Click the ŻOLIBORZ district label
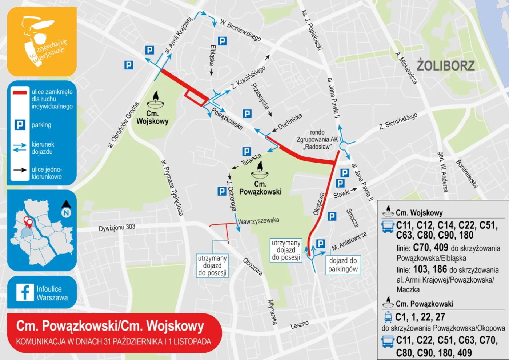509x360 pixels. [x=446, y=65]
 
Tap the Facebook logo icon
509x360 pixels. [x=25, y=292]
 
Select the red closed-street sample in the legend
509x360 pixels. [x=20, y=92]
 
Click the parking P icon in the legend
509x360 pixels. [x=20, y=125]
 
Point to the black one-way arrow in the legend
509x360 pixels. [x=20, y=170]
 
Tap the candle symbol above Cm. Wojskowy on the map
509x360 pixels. [x=156, y=100]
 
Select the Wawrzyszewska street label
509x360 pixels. [x=258, y=221]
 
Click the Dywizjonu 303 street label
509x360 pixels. [x=117, y=228]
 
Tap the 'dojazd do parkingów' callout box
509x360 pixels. [x=343, y=265]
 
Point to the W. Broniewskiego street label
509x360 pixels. [x=240, y=30]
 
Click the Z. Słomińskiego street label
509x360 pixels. [x=398, y=121]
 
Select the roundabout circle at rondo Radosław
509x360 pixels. [x=343, y=146]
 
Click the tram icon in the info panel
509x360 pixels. [x=388, y=317]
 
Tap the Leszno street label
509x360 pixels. [x=300, y=324]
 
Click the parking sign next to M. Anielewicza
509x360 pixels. [x=320, y=244]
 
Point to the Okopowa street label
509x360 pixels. [x=319, y=204]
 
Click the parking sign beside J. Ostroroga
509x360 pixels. [x=222, y=191]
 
